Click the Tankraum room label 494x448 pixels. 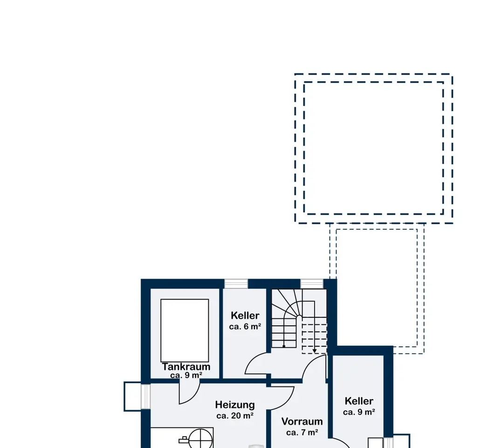186,367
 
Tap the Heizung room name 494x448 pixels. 235,405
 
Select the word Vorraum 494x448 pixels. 302,421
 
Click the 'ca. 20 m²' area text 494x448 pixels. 235,416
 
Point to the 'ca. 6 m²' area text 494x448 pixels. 245,327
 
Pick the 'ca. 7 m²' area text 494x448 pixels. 302,433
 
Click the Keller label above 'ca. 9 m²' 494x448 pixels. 359,401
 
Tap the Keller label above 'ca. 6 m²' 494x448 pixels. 245,315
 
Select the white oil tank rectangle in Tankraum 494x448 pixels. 185,330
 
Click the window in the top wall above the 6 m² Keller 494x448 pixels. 236,284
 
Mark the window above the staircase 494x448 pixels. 312,284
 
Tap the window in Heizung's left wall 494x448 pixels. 145,396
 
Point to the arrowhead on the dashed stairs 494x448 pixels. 315,351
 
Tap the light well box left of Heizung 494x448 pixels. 133,396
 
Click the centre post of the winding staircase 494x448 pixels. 299,316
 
